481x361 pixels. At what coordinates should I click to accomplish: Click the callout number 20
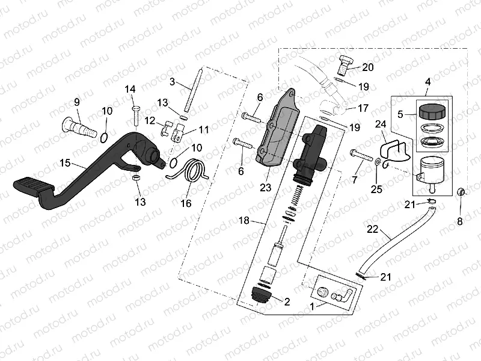pyautogui.click(x=368, y=67)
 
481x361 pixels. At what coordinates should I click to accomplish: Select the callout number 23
pyautogui.click(x=266, y=187)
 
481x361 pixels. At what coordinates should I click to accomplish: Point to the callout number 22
pyautogui.click(x=373, y=229)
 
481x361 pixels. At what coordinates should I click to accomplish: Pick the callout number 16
pyautogui.click(x=186, y=203)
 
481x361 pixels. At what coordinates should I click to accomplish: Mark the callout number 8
pyautogui.click(x=461, y=221)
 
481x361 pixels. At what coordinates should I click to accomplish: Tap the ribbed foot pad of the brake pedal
pyautogui.click(x=31, y=184)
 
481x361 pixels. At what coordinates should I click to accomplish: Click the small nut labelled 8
pyautogui.click(x=461, y=192)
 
